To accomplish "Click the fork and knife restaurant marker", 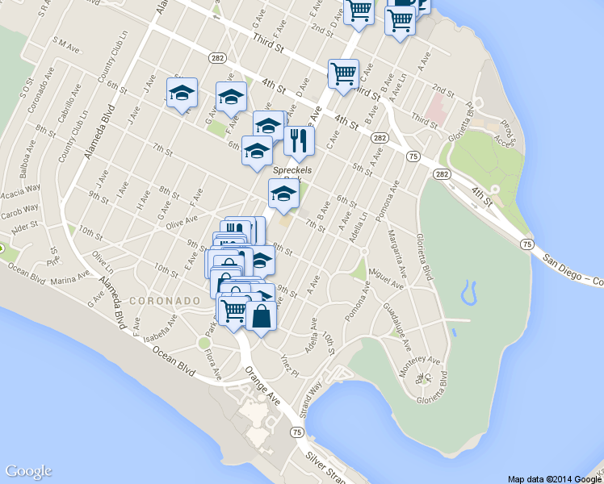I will pos(299,142).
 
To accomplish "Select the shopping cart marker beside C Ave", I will pos(343,75).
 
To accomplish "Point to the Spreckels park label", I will pos(292,170).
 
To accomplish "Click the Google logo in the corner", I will pos(28,471).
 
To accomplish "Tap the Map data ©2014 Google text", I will pos(554,478).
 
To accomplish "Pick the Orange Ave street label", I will pos(262,387).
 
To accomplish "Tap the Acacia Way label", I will pos(20,190).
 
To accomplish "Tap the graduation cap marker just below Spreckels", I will pos(283,194).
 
